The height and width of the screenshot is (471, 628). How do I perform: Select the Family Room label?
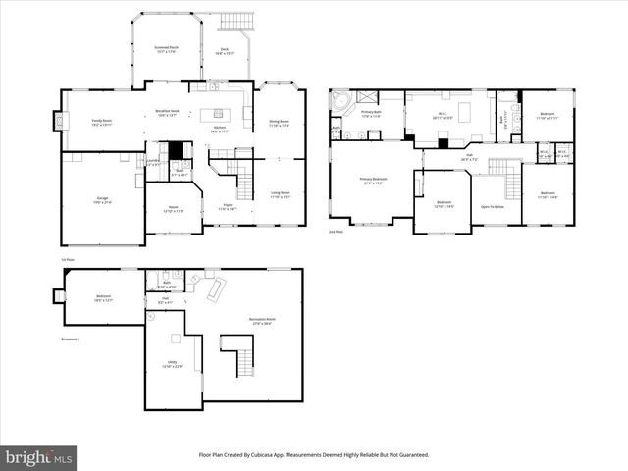[x=101, y=122]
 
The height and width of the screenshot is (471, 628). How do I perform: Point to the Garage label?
[x=102, y=199]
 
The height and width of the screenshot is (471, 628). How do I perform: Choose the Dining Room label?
[x=280, y=123]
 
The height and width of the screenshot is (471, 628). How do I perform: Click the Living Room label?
[x=280, y=194]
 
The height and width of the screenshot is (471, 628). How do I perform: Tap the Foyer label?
[x=227, y=206]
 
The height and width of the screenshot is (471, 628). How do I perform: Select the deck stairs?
[x=236, y=22]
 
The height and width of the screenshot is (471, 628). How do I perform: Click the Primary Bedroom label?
[x=373, y=181]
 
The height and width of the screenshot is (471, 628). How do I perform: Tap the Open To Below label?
[x=493, y=207]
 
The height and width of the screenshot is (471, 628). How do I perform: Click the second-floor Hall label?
[x=469, y=156]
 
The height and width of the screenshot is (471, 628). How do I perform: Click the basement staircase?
[x=237, y=354]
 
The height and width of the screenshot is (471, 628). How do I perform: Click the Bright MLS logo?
[x=39, y=457]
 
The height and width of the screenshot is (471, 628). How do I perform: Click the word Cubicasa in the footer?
[x=286, y=455]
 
